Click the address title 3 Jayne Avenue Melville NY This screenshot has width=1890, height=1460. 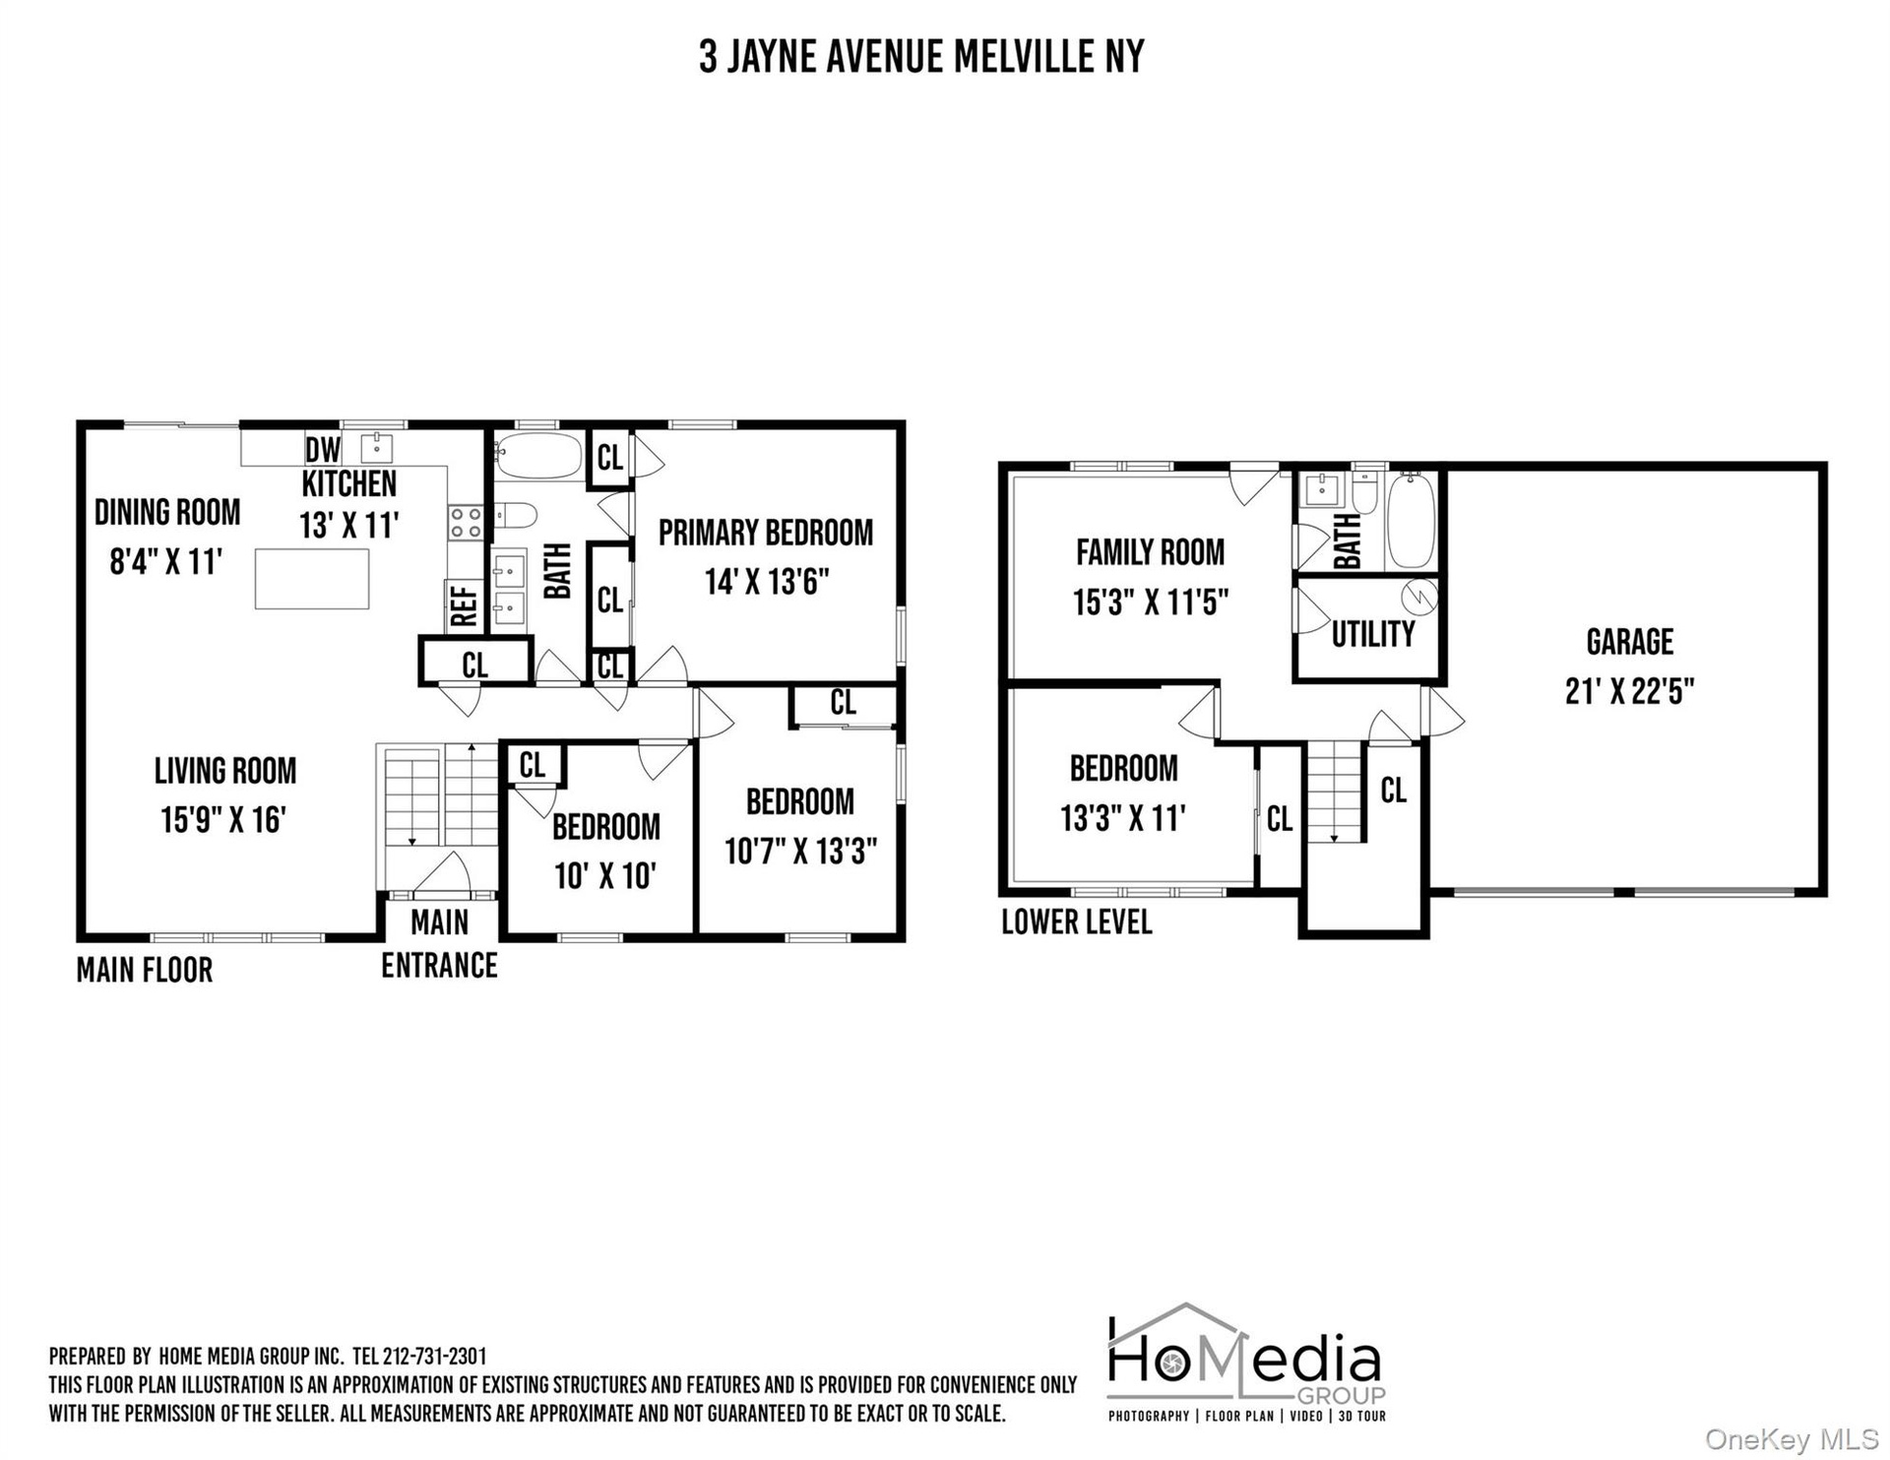point(921,56)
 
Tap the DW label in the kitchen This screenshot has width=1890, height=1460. point(322,450)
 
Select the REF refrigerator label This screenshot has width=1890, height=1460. point(464,606)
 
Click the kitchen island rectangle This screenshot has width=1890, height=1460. point(312,579)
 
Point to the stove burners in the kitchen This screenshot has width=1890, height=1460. point(466,522)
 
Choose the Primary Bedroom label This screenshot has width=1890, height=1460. point(766,533)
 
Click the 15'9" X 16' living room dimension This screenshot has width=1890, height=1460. point(223,819)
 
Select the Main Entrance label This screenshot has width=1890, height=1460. point(439,944)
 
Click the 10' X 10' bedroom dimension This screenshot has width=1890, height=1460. point(605,875)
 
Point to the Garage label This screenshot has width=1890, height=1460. point(1630,642)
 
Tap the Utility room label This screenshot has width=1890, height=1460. point(1373,634)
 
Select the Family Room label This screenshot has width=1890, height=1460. point(1151,552)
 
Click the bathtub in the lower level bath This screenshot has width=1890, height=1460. point(1412,519)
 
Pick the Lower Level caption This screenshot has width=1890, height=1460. point(1077,922)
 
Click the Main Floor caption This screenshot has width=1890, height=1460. point(145,970)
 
